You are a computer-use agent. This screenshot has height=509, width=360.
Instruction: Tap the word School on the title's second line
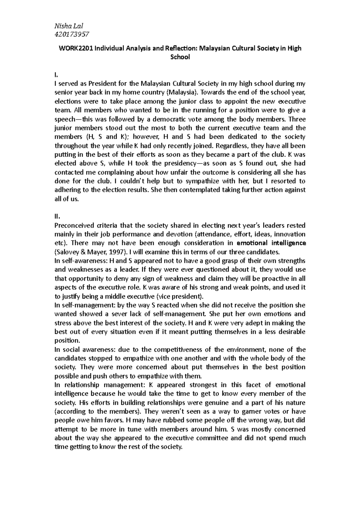[180, 57]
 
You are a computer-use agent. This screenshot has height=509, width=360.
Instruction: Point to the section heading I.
[56, 75]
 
